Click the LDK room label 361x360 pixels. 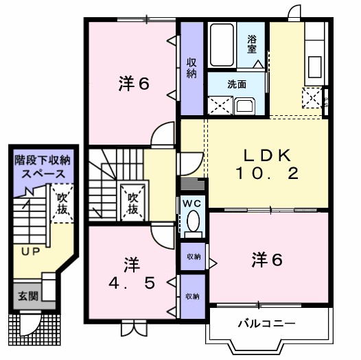coord(259,154)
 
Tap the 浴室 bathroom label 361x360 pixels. coord(253,45)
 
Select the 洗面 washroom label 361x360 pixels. coord(237,85)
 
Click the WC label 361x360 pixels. coord(192,203)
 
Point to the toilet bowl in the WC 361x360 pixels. coord(193,221)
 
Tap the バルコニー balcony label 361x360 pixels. coord(267,323)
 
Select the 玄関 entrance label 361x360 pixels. coord(28,296)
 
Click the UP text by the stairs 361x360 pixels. coord(28,252)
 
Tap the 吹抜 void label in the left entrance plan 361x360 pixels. coord(61,204)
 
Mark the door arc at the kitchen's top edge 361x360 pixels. coord(294,13)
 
